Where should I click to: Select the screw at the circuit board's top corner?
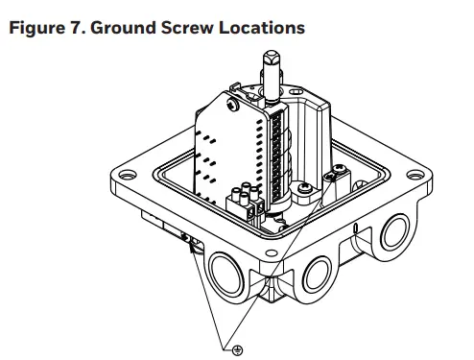tap(230, 96)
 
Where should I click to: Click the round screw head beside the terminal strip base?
tap(304, 189)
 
